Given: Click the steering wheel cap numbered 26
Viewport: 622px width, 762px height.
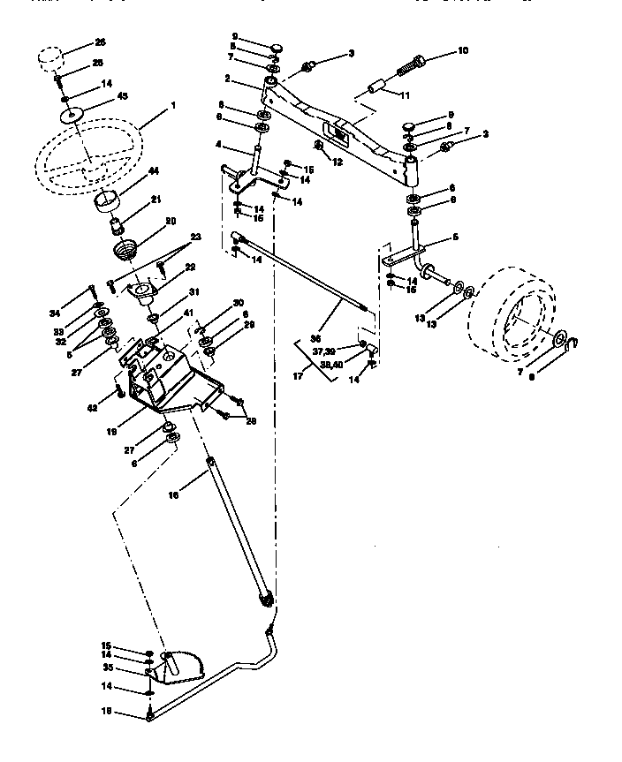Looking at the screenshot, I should point(52,62).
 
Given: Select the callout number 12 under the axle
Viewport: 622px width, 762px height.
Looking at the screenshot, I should point(338,162).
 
